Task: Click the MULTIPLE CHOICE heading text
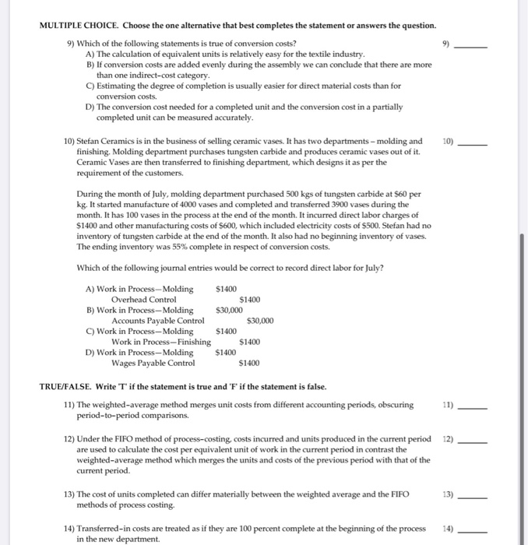tap(85, 26)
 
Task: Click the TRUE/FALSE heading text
tap(73, 387)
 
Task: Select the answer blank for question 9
tap(472, 47)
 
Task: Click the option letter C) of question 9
tap(90, 86)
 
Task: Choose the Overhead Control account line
tap(143, 300)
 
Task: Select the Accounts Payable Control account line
tap(158, 321)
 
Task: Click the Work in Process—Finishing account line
tap(160, 342)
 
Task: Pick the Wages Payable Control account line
tap(153, 363)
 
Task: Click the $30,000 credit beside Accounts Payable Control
tap(259, 321)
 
